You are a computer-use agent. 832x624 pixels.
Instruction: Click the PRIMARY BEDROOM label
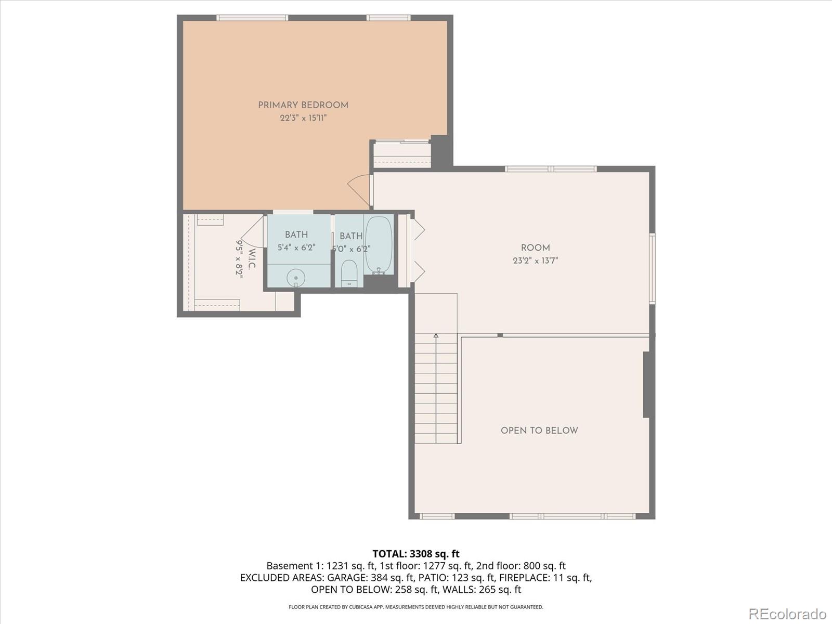click(x=303, y=106)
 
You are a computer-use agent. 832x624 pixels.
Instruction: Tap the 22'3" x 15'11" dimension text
click(x=303, y=118)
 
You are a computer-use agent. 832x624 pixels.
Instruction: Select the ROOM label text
click(x=535, y=248)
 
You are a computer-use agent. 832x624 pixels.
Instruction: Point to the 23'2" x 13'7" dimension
click(x=535, y=261)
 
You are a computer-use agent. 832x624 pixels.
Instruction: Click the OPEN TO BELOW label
click(x=539, y=431)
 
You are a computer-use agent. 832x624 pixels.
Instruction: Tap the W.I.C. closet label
click(x=252, y=258)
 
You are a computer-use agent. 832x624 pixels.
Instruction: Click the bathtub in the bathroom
click(x=379, y=245)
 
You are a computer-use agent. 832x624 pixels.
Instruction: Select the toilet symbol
click(x=349, y=273)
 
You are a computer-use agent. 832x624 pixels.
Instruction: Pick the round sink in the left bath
click(x=296, y=278)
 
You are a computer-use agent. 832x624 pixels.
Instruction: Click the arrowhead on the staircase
click(x=436, y=336)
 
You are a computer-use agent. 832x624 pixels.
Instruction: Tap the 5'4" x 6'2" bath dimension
click(x=296, y=248)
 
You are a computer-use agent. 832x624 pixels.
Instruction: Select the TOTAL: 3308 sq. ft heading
click(x=416, y=553)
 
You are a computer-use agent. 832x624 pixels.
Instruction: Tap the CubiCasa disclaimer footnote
click(x=416, y=606)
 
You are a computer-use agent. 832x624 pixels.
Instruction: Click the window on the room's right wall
click(x=652, y=269)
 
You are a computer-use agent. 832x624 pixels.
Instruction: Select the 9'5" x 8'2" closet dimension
click(x=239, y=259)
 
